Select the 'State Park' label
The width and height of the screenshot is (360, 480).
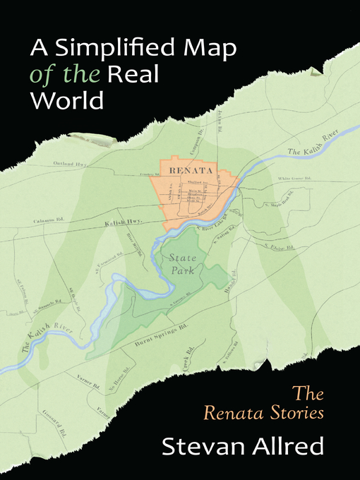pyautogui.click(x=187, y=264)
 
